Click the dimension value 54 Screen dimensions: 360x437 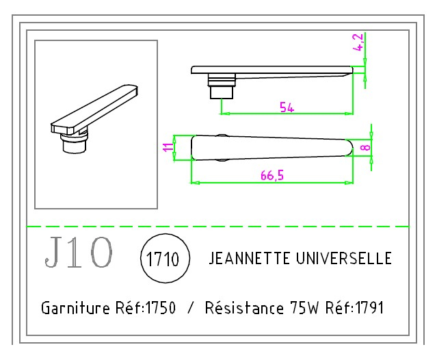pyautogui.click(x=287, y=106)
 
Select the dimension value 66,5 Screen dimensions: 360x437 pyautogui.click(x=272, y=176)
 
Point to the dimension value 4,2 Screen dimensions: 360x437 pyautogui.click(x=358, y=42)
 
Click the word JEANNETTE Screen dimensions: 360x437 pyautogui.click(x=249, y=259)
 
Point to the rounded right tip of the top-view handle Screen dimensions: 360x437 pyautogui.click(x=348, y=147)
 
